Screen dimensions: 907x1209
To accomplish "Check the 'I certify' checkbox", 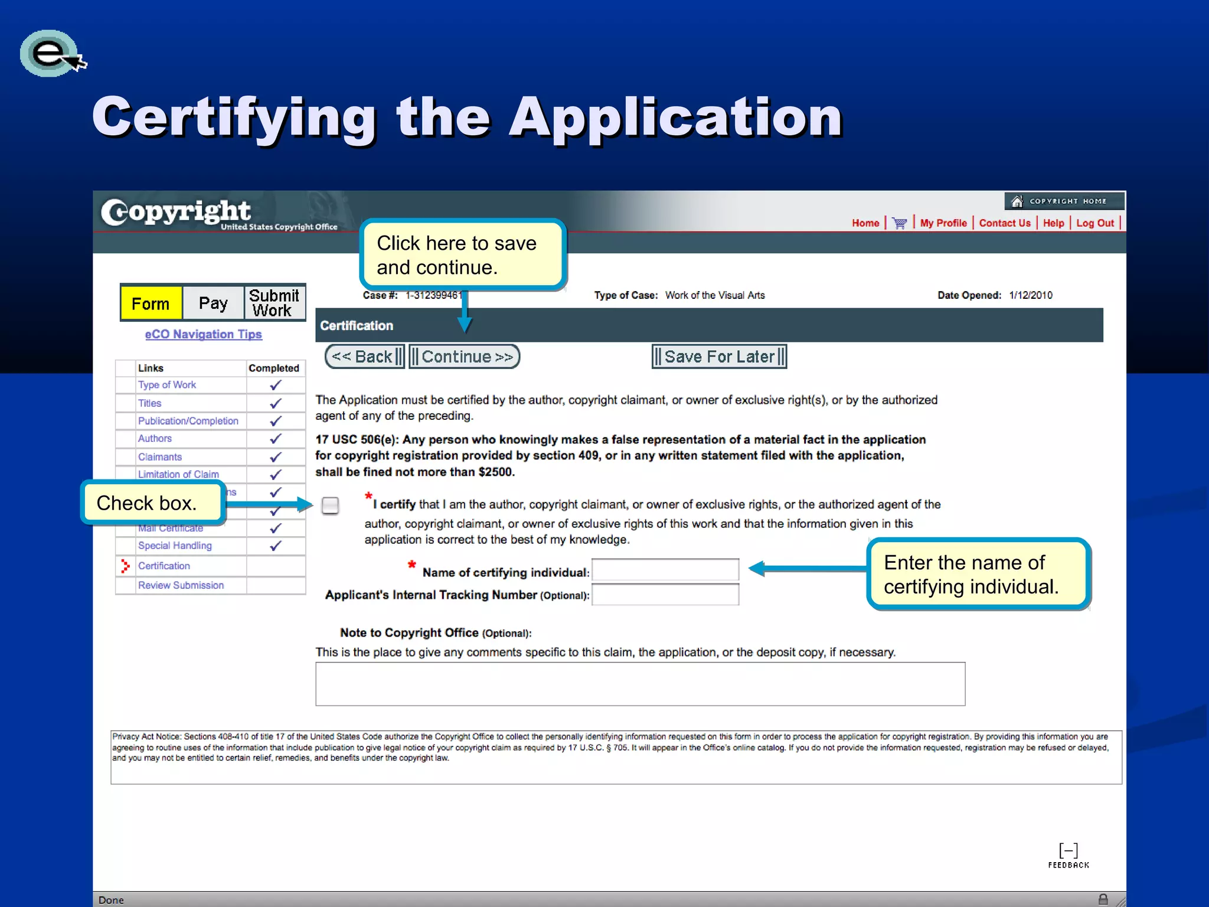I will [x=330, y=505].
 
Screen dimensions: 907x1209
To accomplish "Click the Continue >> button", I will [x=465, y=357].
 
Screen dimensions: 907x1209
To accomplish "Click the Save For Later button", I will [x=719, y=357].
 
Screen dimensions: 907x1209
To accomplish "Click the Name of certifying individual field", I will [x=665, y=570].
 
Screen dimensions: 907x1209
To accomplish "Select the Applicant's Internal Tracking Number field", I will [x=665, y=595].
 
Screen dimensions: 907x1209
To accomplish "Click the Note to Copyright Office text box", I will [x=640, y=684].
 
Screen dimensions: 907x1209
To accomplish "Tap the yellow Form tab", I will [x=151, y=304].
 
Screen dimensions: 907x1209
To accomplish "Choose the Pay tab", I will [x=213, y=304].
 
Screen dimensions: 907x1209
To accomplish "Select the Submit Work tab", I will [x=275, y=304].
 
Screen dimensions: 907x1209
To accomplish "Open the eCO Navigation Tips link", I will [x=203, y=334].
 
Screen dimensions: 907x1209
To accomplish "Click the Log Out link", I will [x=1095, y=223].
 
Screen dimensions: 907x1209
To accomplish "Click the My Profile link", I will [x=943, y=223].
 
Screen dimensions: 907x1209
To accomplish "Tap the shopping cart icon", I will [x=899, y=223].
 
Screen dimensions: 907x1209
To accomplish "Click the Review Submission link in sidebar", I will [x=181, y=585].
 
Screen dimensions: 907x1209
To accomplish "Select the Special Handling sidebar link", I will [x=175, y=546].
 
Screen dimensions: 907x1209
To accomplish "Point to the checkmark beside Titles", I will [x=275, y=403].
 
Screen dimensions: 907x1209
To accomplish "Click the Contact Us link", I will [x=1005, y=223].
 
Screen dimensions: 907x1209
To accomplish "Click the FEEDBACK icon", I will [x=1069, y=855].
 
